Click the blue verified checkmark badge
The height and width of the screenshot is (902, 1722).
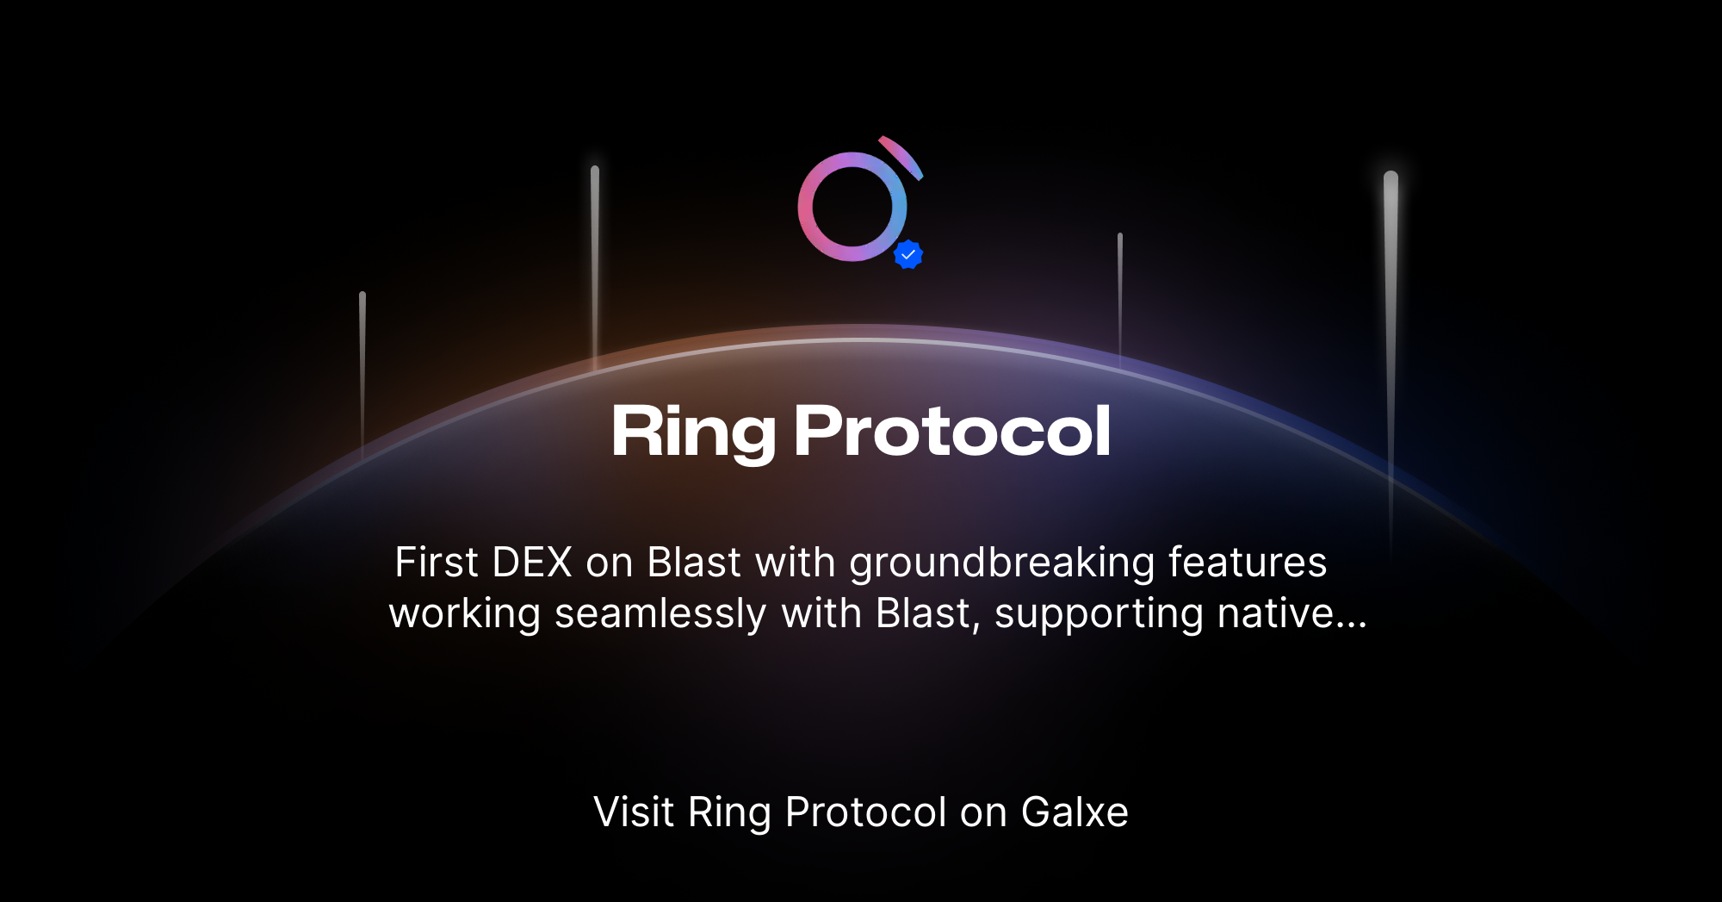[908, 255]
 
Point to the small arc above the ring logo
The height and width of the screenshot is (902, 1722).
[903, 156]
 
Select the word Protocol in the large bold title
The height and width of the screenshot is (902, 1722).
[952, 432]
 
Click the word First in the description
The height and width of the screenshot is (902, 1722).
[436, 563]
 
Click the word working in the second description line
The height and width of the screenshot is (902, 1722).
[465, 615]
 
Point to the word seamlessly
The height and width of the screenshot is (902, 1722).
[660, 615]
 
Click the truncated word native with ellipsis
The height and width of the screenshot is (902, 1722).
[1291, 613]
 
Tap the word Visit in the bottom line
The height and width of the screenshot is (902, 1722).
[634, 812]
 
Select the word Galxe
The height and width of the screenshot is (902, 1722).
[1075, 812]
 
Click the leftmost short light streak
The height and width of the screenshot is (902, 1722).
[362, 362]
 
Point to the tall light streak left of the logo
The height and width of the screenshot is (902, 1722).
[595, 258]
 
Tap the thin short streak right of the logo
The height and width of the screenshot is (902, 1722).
[1120, 293]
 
